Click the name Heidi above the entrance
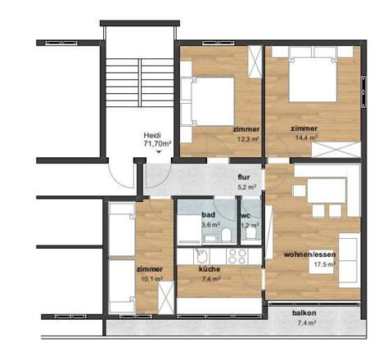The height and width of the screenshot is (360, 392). pos(151,136)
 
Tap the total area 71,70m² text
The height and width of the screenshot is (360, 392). pos(157,145)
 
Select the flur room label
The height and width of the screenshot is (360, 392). pos(243,177)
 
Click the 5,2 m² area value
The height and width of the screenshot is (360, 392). pos(246,187)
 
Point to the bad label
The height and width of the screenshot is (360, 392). pos(209,215)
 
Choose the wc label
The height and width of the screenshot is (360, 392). pos(246,215)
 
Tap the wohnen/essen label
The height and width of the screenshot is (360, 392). pos(308,254)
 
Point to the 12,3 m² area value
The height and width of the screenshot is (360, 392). pos(247,139)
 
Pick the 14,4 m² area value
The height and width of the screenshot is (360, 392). pos(304,139)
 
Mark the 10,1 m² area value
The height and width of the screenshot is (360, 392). pos(149,279)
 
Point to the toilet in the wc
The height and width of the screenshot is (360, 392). pos(253,235)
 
